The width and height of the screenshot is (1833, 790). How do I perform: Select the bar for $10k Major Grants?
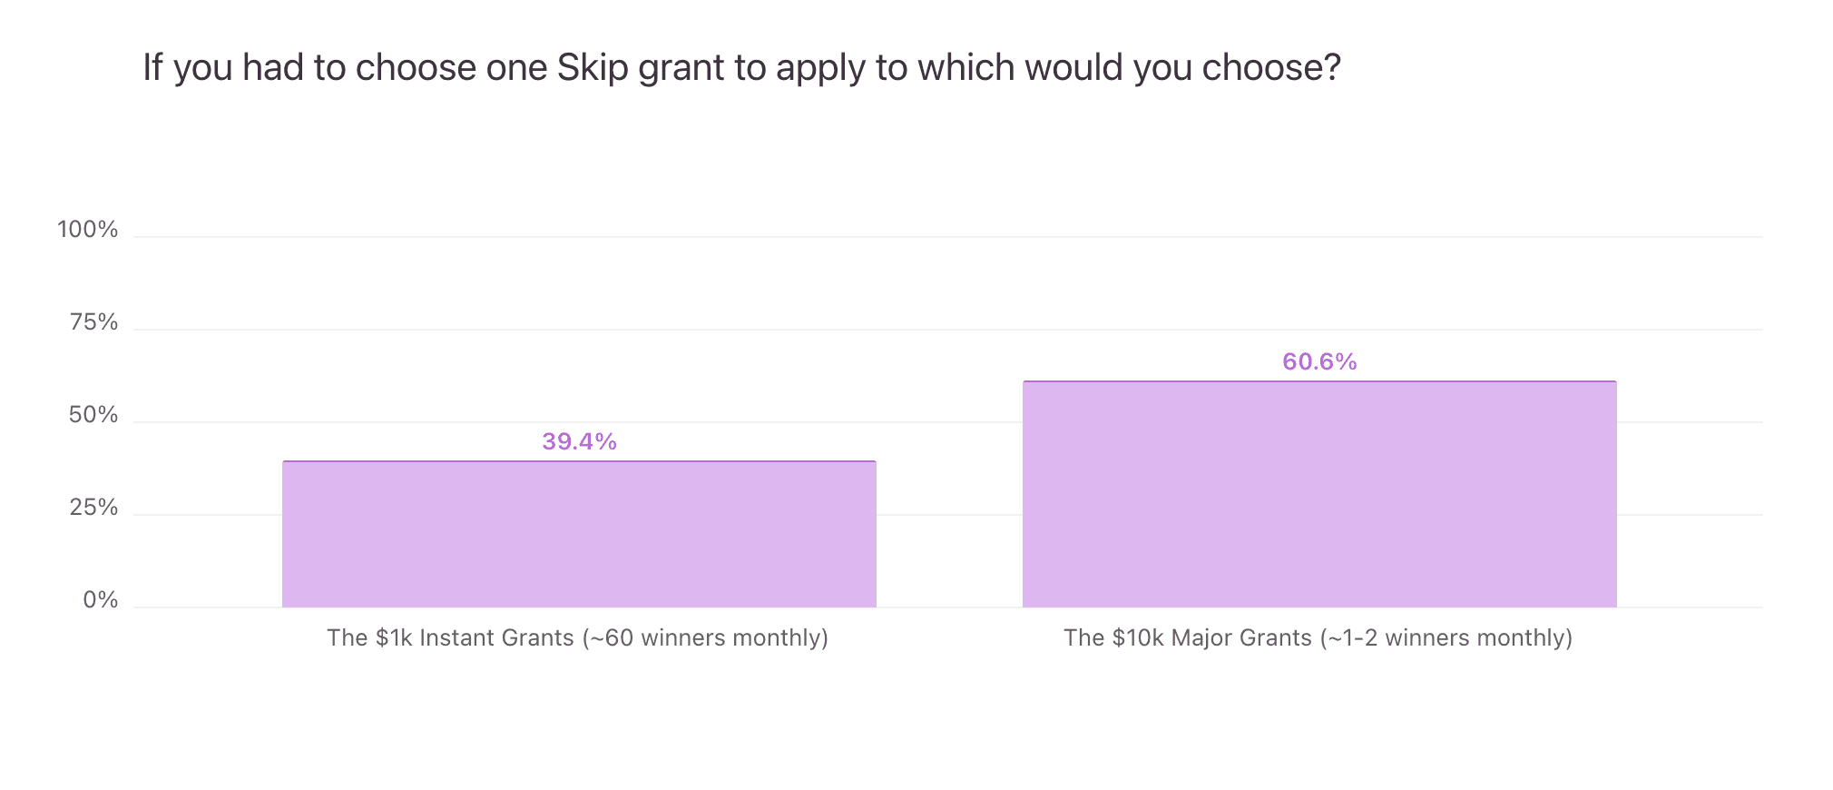click(x=1319, y=494)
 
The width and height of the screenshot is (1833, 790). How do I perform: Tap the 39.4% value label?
click(x=579, y=441)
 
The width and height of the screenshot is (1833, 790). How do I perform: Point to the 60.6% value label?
click(x=1319, y=361)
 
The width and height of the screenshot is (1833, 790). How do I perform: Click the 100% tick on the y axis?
click(x=88, y=230)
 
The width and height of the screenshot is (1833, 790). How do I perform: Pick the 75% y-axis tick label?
click(x=93, y=322)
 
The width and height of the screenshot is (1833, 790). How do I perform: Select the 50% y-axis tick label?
click(x=93, y=415)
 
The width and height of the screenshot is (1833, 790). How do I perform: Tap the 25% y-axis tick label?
click(x=93, y=508)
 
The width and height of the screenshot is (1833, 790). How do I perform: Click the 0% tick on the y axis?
click(x=100, y=600)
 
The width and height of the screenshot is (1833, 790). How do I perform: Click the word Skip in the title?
click(x=592, y=68)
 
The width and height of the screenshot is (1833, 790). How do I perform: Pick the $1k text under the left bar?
click(x=394, y=637)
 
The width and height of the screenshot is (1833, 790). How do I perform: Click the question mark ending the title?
click(x=1332, y=68)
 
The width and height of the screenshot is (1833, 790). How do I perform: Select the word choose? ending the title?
click(x=1270, y=68)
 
